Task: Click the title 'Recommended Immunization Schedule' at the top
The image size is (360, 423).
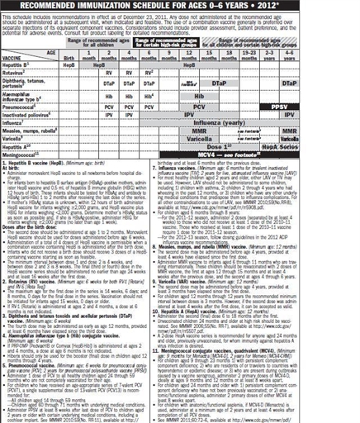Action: click(179, 6)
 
